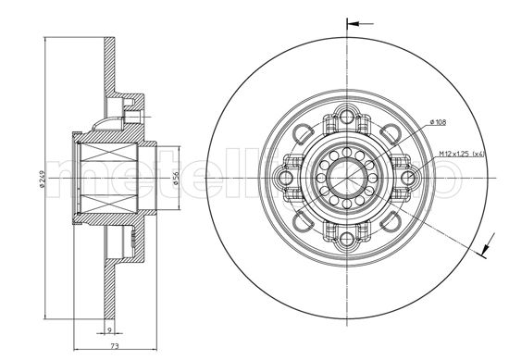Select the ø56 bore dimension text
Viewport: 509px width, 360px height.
point(174,179)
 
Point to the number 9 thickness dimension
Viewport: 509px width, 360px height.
point(108,328)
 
